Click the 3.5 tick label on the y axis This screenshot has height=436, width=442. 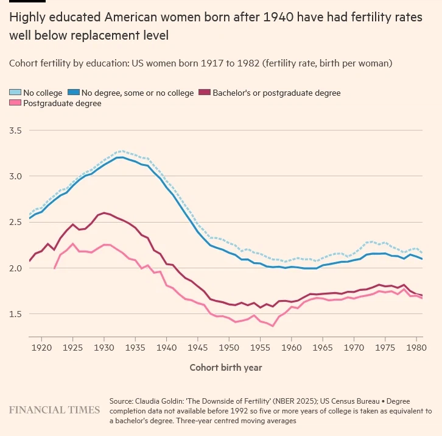[16, 131]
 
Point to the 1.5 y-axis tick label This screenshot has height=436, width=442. [16, 314]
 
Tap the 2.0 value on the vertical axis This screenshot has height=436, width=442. [16, 268]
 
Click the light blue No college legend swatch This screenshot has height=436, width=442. [15, 93]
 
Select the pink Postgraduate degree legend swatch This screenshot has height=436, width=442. [15, 104]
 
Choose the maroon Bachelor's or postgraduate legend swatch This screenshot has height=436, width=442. [204, 93]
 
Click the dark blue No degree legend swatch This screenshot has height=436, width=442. [74, 93]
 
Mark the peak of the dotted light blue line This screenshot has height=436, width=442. [122, 151]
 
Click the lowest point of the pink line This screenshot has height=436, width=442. [273, 326]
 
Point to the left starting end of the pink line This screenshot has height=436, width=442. [55, 268]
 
